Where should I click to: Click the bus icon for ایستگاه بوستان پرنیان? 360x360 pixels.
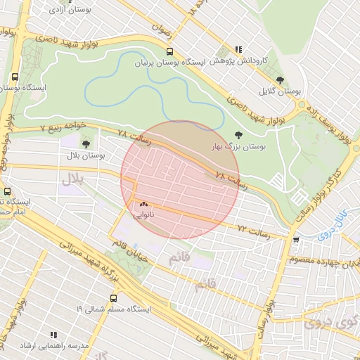(169, 51)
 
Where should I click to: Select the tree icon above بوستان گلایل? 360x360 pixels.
(281, 81)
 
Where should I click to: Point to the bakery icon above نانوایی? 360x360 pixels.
(143, 204)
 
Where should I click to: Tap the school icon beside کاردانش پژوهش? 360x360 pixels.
(239, 49)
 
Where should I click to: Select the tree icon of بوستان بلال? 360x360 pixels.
(86, 144)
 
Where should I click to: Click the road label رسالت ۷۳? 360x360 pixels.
(253, 229)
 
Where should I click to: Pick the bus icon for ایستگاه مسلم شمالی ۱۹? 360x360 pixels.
(114, 298)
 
